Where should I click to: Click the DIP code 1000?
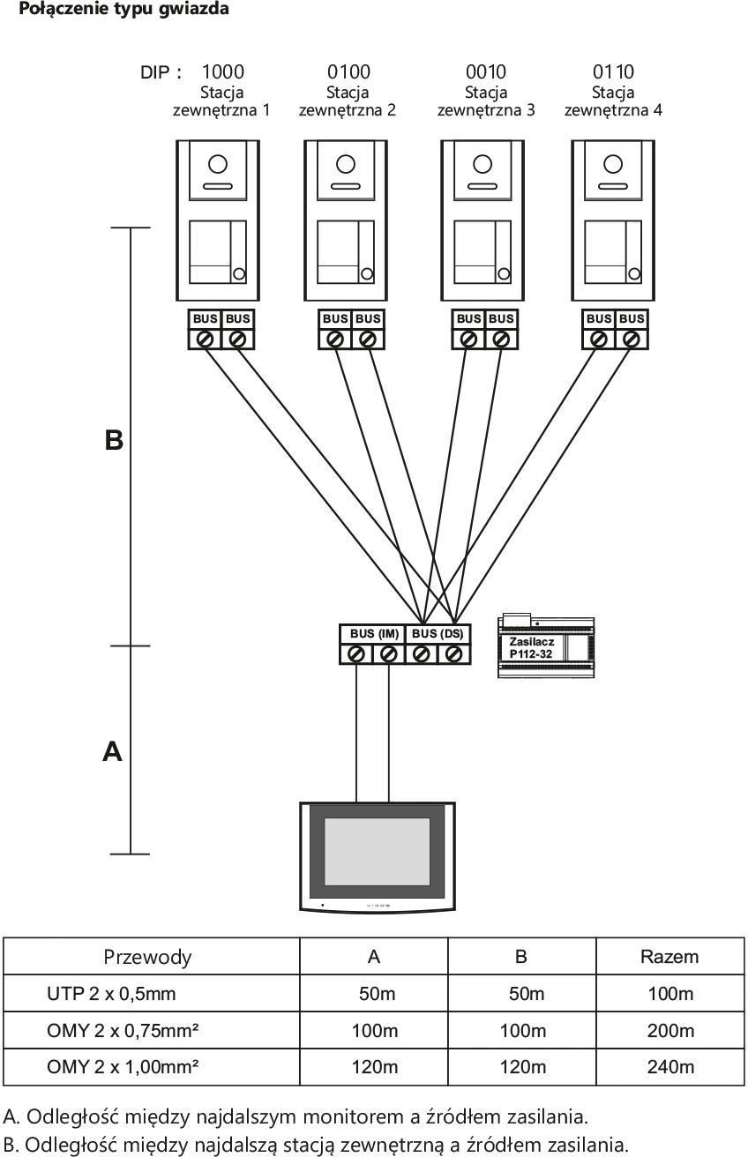pos(222,71)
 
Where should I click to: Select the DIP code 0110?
pos(613,71)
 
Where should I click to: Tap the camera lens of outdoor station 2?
pos(346,164)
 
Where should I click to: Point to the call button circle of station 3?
pos(503,274)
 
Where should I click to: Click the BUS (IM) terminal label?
pos(374,633)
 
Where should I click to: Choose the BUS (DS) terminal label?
pos(438,633)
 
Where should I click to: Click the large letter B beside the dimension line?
pos(114,440)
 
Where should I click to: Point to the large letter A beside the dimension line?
pos(112,751)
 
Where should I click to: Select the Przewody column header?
pos(147,957)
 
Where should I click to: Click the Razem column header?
pos(669,957)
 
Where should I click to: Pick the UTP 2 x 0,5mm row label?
pos(111,994)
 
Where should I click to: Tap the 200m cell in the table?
pos(670,1030)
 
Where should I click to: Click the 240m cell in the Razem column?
pos(670,1067)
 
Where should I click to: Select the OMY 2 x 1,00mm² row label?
pos(123,1067)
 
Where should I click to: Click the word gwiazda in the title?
pos(194,9)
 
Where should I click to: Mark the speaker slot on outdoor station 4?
pos(613,186)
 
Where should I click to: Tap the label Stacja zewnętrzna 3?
pos(486,101)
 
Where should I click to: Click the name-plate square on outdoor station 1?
pos(210,252)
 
